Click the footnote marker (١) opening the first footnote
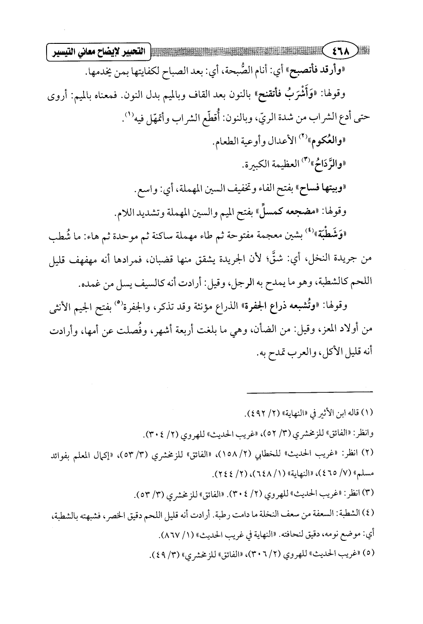[x=367, y=412]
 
